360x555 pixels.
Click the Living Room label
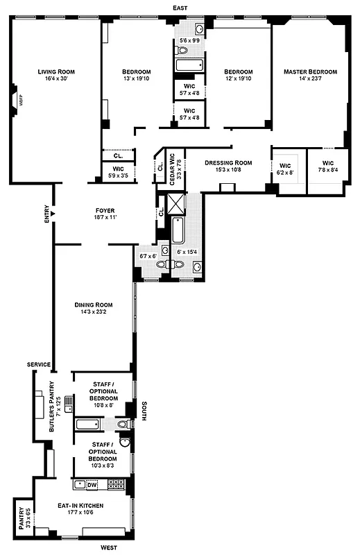tap(55, 71)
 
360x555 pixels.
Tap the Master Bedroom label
tap(310, 71)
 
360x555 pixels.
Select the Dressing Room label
tap(228, 163)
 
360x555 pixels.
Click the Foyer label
tap(105, 210)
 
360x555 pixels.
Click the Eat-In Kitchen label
tap(82, 506)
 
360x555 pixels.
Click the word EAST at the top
tap(180, 7)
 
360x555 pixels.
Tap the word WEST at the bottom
tap(108, 548)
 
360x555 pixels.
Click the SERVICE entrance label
tap(40, 365)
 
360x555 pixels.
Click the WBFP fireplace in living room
tap(12, 99)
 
